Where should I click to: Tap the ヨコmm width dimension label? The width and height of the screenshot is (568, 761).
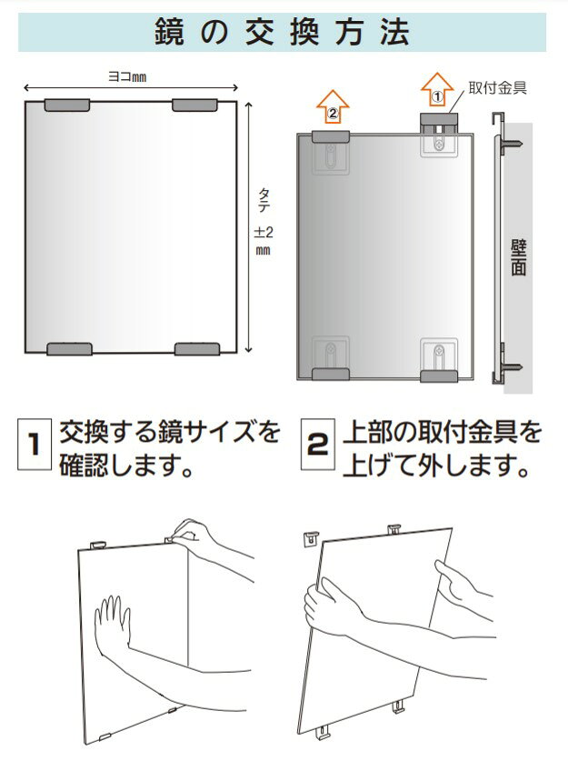(127, 78)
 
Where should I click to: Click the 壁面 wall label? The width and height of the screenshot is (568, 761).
(519, 256)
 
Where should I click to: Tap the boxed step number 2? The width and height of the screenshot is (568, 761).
(317, 446)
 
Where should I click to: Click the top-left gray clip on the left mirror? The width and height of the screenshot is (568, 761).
(67, 105)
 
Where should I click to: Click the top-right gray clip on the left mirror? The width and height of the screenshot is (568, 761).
(196, 105)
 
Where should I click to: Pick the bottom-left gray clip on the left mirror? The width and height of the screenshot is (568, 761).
(69, 349)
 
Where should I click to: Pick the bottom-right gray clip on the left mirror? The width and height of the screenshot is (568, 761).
(197, 349)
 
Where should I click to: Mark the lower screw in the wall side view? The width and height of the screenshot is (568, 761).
(512, 367)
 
